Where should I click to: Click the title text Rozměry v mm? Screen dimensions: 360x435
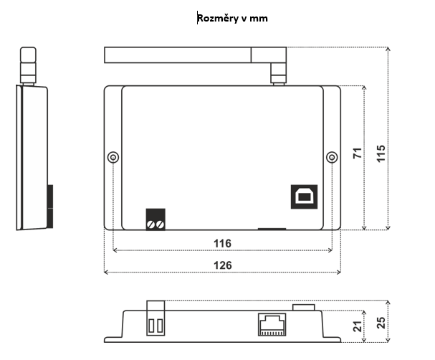tap(232, 18)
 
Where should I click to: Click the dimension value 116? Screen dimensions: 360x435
tap(222, 244)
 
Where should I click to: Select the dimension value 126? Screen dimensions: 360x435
tap(222, 265)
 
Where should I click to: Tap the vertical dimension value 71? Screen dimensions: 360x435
tap(356, 154)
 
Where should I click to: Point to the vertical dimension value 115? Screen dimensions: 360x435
tap(381, 153)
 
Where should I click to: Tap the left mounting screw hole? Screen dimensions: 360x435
tap(113, 158)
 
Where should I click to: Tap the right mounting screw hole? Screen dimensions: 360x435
tap(331, 158)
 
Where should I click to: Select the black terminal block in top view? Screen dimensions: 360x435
tap(156, 219)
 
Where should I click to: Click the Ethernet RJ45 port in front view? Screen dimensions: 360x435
tap(270, 324)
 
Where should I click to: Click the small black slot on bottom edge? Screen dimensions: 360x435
tap(272, 229)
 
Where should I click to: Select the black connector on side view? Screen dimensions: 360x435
tap(49, 204)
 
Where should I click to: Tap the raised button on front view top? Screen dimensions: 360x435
tap(305, 307)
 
